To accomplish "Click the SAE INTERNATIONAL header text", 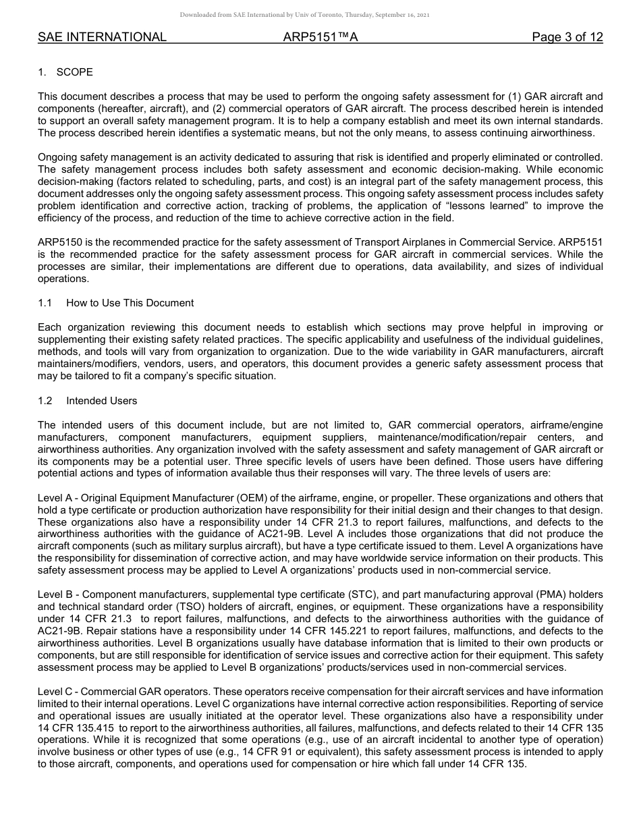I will click(102, 37).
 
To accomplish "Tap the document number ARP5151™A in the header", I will click(320, 37).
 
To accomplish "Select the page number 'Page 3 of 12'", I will click(567, 37).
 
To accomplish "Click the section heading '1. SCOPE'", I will click(65, 72).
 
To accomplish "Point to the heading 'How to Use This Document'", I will click(130, 303).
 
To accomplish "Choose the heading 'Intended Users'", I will click(101, 401).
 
